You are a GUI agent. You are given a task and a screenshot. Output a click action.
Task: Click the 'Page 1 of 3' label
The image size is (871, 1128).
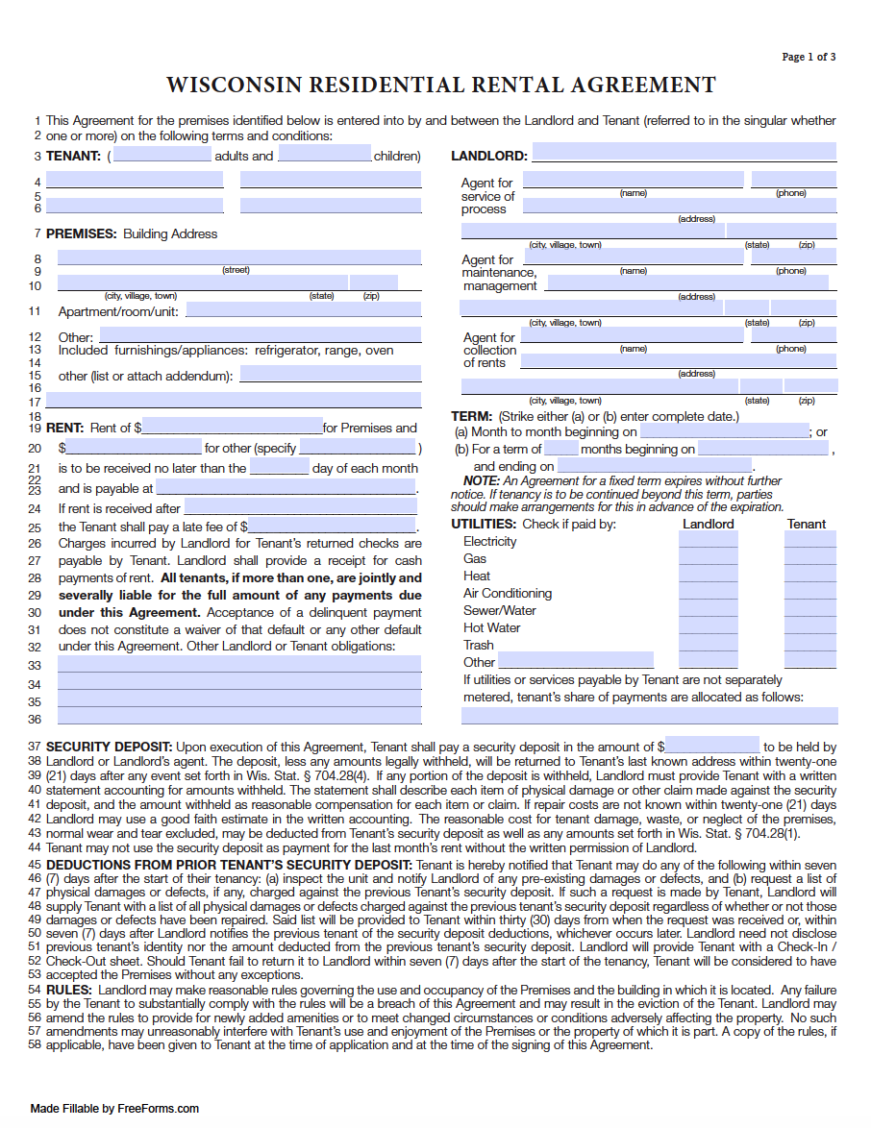point(809,57)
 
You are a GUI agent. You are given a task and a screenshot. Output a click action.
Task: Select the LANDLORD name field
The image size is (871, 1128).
point(684,152)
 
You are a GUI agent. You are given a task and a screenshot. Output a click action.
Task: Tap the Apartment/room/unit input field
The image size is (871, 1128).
point(303,309)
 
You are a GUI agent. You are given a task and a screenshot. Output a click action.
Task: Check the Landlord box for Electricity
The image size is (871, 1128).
point(708,540)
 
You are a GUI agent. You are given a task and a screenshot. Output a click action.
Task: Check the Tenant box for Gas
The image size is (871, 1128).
point(809,557)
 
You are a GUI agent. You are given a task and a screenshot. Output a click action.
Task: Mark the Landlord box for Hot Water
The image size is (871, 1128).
point(708,626)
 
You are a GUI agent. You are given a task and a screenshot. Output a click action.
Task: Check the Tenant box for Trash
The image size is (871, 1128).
point(809,644)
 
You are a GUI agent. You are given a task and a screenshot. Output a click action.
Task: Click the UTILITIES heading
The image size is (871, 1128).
point(484,524)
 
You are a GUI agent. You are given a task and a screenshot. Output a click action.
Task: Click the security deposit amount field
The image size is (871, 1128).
point(711,746)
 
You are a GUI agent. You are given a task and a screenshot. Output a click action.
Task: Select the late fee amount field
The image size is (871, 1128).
point(332,526)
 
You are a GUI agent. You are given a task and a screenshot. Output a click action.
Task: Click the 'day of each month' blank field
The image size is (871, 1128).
point(279,468)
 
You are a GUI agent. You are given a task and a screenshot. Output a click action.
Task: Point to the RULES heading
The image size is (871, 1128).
point(68,990)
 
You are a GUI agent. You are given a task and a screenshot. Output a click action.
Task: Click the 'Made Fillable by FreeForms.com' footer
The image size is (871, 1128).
point(114,1108)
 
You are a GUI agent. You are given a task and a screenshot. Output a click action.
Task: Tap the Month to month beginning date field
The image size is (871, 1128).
point(723,431)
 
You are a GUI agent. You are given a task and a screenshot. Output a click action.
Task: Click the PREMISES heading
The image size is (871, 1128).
point(81,233)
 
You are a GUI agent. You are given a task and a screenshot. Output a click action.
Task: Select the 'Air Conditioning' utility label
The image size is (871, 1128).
point(507,593)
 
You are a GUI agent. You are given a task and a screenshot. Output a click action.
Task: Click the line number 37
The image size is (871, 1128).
point(35,747)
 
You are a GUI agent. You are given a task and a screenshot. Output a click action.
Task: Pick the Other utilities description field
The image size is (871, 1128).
point(576,661)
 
